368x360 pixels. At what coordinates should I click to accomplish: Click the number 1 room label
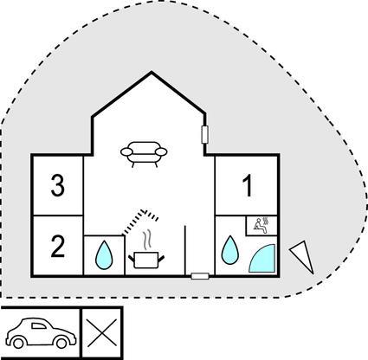click(x=249, y=186)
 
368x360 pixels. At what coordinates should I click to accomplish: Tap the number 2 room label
click(x=58, y=246)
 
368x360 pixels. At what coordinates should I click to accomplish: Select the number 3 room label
click(x=58, y=185)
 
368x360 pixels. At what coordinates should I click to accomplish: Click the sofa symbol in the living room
click(x=144, y=154)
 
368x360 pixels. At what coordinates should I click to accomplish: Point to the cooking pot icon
click(x=146, y=260)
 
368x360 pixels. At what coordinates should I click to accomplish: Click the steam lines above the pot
click(x=147, y=239)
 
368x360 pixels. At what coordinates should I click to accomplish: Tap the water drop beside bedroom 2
click(x=104, y=255)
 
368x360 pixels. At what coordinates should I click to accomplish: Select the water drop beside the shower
click(x=230, y=250)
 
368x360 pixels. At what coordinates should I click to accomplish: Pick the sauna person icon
click(x=262, y=224)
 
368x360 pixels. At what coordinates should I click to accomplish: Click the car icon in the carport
click(x=41, y=333)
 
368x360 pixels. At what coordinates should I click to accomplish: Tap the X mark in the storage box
click(x=102, y=332)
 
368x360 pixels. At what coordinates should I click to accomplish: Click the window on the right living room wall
click(x=204, y=134)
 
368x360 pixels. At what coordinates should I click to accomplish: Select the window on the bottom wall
click(x=200, y=276)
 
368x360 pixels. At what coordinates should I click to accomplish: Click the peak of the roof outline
click(x=152, y=72)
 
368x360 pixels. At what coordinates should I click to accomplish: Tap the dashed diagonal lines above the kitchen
click(x=140, y=222)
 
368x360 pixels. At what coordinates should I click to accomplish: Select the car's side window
click(x=39, y=326)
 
